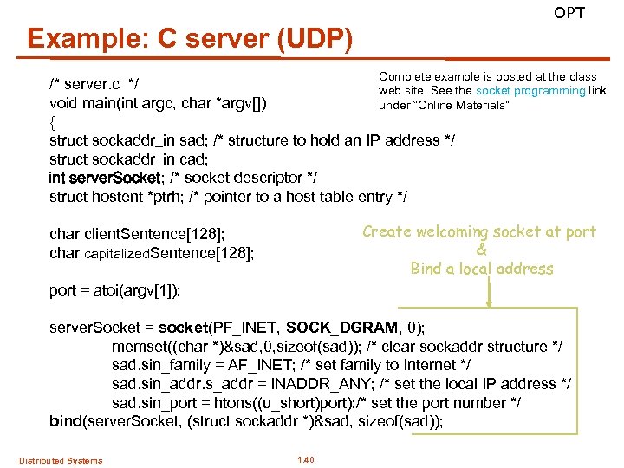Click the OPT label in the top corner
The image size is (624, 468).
[x=569, y=13]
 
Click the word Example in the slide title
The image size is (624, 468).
[x=75, y=39]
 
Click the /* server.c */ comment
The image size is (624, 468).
[x=95, y=85]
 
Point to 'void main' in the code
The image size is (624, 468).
[x=84, y=104]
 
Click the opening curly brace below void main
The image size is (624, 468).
[x=53, y=122]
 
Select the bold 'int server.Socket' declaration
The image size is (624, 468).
[x=104, y=178]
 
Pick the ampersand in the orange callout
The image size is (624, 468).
[x=482, y=250]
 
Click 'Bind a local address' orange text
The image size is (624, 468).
[x=482, y=269]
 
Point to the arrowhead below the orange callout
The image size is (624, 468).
[x=490, y=304]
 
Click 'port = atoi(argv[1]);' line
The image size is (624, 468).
[x=114, y=290]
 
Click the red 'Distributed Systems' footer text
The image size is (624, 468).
[x=61, y=460]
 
